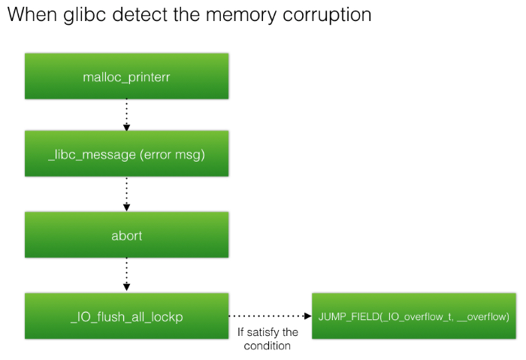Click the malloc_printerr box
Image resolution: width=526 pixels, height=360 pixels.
pos(125,76)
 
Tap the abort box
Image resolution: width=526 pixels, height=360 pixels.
pos(125,235)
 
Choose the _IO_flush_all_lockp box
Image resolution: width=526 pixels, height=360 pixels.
pos(125,316)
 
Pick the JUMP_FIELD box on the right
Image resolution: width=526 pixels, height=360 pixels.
pos(414,316)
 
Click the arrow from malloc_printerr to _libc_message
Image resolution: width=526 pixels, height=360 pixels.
pos(125,114)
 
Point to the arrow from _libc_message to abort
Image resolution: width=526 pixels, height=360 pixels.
pos(125,194)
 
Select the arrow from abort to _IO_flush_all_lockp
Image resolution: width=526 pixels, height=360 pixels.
pos(125,275)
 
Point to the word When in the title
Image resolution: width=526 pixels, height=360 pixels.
pos(35,14)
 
